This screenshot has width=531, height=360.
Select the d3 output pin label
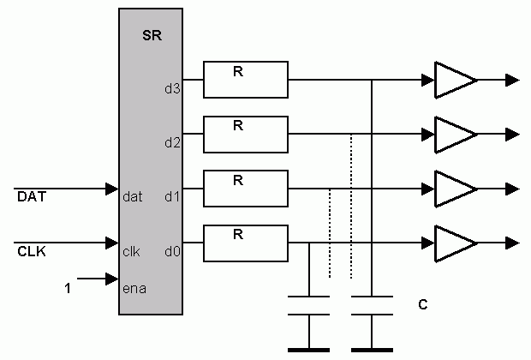171,87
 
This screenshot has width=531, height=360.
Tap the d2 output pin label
171,142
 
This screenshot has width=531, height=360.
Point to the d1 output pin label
171,196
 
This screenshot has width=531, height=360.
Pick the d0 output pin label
171,251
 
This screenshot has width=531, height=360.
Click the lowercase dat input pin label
133,196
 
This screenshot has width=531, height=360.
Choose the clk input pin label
131,251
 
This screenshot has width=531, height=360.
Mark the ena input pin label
134,288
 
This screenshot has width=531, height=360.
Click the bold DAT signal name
31,198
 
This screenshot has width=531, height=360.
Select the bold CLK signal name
31,252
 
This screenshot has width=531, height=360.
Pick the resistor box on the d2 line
246,134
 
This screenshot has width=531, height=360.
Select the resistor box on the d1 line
246,188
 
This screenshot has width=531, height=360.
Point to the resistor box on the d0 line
246,242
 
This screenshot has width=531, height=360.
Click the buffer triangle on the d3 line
453,80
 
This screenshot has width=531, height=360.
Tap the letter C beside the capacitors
422,305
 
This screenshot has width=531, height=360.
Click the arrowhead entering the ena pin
111,279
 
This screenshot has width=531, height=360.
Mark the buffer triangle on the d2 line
453,134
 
